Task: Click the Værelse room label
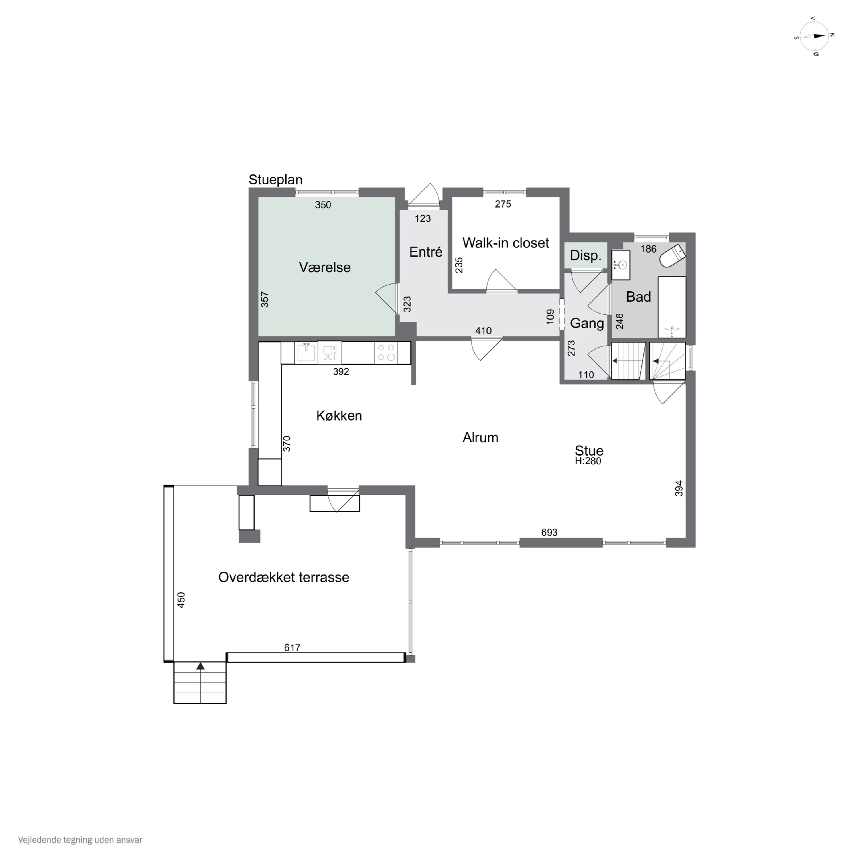[x=325, y=267]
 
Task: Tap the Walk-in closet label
[x=506, y=243]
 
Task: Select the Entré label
[x=425, y=252]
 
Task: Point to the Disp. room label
[x=586, y=256]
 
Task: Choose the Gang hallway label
[x=587, y=323]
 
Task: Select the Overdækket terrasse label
[x=284, y=577]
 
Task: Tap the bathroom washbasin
[x=621, y=265]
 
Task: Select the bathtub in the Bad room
[x=671, y=307]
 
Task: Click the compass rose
[x=814, y=36]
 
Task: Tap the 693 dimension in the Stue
[x=549, y=532]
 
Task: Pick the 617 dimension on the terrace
[x=292, y=648]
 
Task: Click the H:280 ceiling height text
[x=588, y=461]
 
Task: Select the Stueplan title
[x=275, y=180]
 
